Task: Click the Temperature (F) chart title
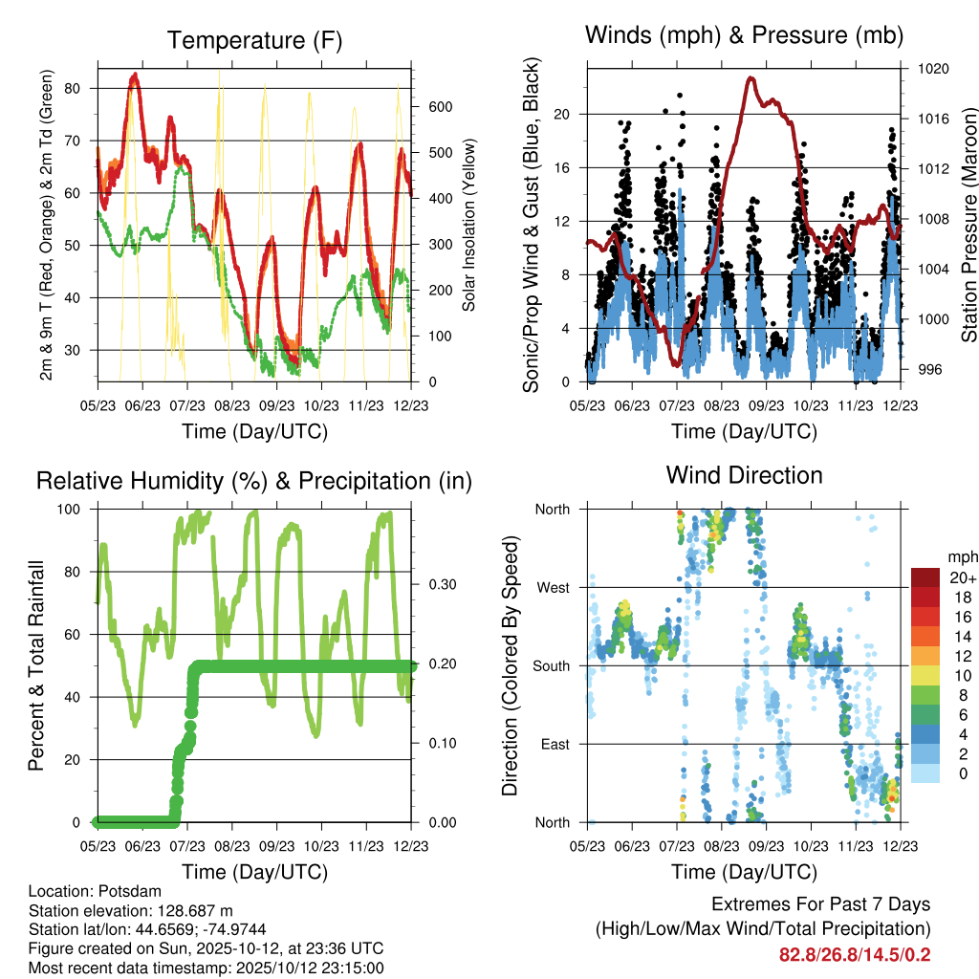254,40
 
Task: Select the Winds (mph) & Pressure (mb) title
744,35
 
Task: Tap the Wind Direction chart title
744,475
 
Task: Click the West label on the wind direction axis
552,587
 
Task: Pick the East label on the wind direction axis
554,744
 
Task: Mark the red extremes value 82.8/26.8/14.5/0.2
855,955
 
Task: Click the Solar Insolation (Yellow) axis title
469,226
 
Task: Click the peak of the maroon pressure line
751,78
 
